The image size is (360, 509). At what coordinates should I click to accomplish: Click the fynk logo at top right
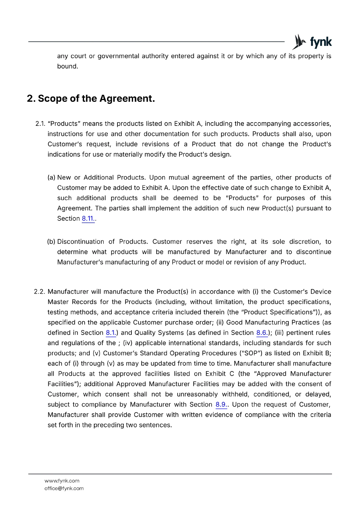click(312, 42)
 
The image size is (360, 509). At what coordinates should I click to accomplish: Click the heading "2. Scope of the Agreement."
click(91, 99)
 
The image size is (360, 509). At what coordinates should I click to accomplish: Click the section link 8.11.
click(88, 219)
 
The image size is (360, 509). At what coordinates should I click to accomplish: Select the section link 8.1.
click(110, 333)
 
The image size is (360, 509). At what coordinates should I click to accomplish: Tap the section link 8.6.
click(262, 333)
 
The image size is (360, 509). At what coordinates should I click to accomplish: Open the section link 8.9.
click(221, 405)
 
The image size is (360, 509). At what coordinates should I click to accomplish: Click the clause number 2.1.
click(40, 124)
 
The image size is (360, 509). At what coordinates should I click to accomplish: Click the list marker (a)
click(51, 178)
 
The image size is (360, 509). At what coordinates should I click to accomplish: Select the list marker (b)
click(51, 242)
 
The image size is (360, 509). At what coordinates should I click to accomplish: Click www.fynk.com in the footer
click(62, 481)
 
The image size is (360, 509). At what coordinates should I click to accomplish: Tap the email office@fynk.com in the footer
click(64, 488)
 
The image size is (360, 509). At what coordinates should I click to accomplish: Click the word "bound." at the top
click(67, 66)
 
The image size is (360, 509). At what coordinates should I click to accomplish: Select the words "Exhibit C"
click(219, 374)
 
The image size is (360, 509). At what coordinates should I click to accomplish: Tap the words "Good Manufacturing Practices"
click(273, 323)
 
